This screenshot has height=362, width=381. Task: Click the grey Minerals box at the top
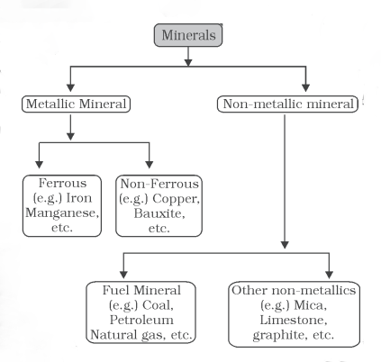[188, 35]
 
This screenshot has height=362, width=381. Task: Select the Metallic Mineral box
[76, 104]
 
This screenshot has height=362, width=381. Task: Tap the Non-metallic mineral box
[287, 104]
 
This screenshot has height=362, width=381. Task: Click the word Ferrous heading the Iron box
[62, 183]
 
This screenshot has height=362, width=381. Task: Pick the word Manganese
[62, 213]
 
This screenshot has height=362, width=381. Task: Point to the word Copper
[176, 198]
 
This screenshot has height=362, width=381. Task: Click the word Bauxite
[159, 213]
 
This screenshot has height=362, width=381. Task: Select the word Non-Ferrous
[159, 184]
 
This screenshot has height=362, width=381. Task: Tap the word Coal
[158, 305]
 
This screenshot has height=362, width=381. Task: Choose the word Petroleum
[141, 320]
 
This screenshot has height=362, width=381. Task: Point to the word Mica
[310, 305]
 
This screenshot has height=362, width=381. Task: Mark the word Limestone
[294, 320]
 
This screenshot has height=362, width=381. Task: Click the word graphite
[278, 335]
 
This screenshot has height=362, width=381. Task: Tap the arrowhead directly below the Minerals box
[188, 62]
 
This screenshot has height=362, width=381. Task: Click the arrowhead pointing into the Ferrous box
[39, 165]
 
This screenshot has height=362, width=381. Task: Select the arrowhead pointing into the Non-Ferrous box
[150, 165]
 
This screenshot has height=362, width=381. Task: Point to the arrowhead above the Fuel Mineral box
[123, 275]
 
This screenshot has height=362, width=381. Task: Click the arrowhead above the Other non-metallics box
[329, 275]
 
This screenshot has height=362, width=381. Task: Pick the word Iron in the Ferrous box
[79, 198]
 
